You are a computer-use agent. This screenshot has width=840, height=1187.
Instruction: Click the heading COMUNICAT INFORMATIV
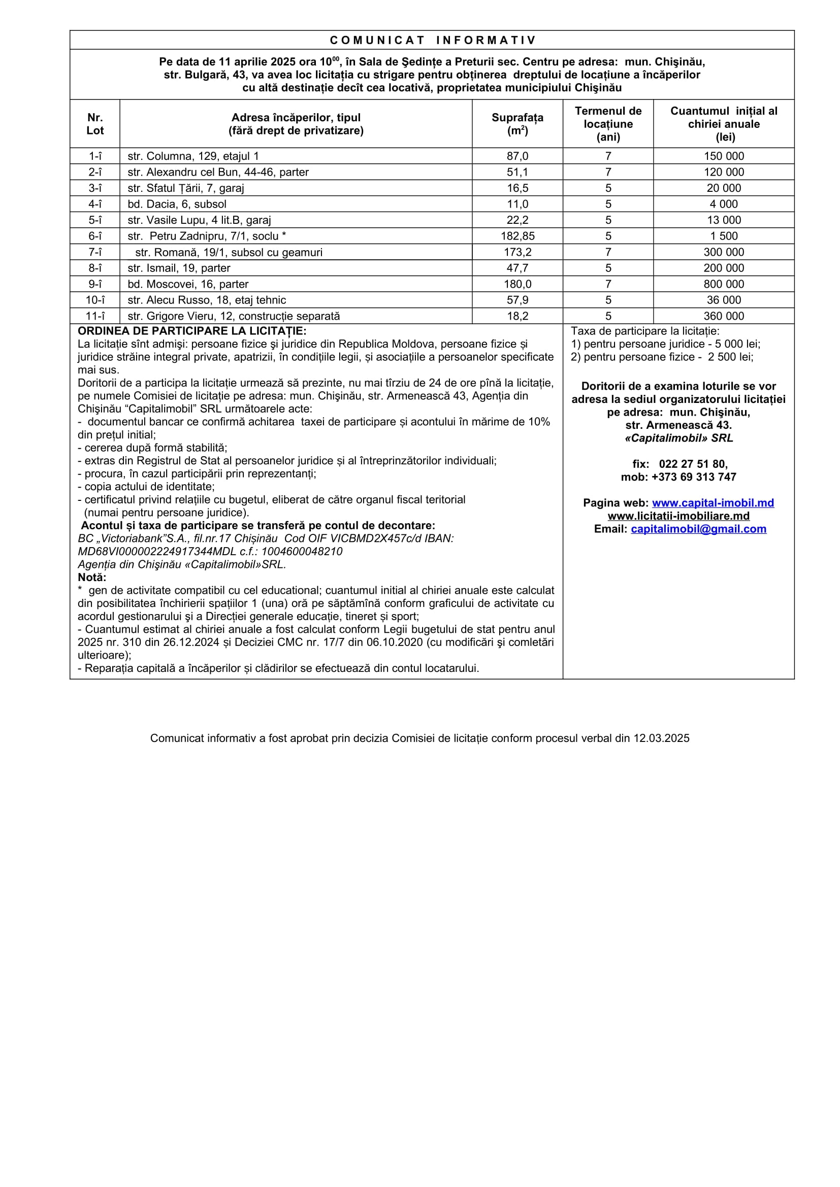pyautogui.click(x=432, y=40)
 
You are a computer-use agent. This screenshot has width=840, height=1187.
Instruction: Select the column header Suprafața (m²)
pyautogui.click(x=517, y=124)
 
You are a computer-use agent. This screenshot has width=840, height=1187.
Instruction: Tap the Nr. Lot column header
pyautogui.click(x=94, y=124)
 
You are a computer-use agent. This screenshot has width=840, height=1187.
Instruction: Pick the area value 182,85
pyautogui.click(x=517, y=236)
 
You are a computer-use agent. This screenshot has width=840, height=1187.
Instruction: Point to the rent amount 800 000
pyautogui.click(x=724, y=284)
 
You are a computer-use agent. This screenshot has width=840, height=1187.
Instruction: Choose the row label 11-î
pyautogui.click(x=94, y=316)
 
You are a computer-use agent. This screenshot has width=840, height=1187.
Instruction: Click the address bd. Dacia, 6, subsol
pyautogui.click(x=177, y=204)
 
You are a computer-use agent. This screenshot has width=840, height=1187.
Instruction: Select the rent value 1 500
pyautogui.click(x=724, y=236)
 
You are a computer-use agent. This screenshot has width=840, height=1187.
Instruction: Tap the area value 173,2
pyautogui.click(x=517, y=252)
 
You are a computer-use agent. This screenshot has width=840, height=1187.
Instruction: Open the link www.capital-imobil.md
pyautogui.click(x=713, y=503)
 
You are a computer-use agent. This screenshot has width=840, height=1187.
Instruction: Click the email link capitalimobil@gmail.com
pyautogui.click(x=698, y=529)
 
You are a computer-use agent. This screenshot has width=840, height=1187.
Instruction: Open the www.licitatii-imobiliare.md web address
pyautogui.click(x=678, y=516)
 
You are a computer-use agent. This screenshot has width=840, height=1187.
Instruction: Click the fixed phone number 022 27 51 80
pyautogui.click(x=693, y=464)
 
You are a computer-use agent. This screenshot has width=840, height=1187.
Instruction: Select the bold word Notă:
pyautogui.click(x=91, y=578)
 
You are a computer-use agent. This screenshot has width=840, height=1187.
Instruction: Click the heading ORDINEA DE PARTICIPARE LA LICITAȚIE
pyautogui.click(x=192, y=331)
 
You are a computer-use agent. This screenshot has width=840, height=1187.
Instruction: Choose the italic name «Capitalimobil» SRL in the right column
pyautogui.click(x=679, y=438)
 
